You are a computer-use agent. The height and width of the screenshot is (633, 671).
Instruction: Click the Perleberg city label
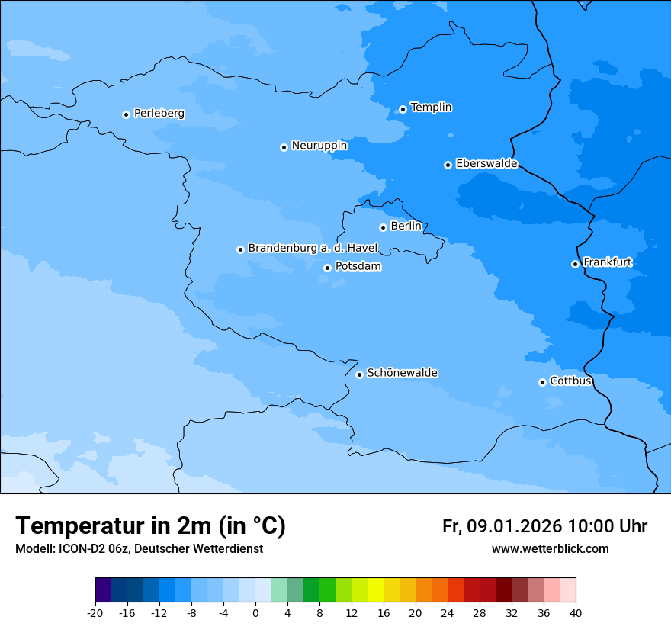coord(159,114)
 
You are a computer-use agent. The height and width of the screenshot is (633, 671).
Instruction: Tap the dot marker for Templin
coord(403,109)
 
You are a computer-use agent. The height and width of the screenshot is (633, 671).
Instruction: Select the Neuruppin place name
coord(319,146)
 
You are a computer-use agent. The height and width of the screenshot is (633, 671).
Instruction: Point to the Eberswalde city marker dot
coord(448,165)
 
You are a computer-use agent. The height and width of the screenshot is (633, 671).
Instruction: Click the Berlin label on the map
coord(406,227)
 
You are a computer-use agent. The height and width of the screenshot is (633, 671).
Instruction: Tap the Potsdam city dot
coord(327,268)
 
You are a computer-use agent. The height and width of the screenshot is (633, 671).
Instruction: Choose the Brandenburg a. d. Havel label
coord(313,249)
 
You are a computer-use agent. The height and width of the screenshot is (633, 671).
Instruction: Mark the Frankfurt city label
coord(607,262)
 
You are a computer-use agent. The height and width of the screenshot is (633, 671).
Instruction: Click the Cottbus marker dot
coord(542,382)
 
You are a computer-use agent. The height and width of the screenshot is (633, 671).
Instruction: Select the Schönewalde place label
coord(402,373)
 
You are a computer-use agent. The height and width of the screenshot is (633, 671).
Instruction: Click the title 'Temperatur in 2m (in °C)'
coord(150,526)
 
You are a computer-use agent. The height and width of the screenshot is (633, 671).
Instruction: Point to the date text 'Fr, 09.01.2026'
coord(502,527)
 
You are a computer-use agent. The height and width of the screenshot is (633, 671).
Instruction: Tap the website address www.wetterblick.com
coord(550,549)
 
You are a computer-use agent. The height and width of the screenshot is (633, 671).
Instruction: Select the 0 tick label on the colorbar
coord(255,613)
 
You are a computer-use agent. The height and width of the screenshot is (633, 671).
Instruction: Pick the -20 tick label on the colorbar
coord(95,613)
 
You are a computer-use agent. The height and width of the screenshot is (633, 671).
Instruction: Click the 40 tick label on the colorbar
coord(575,613)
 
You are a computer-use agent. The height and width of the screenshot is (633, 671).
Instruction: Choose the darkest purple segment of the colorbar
coord(104,590)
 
